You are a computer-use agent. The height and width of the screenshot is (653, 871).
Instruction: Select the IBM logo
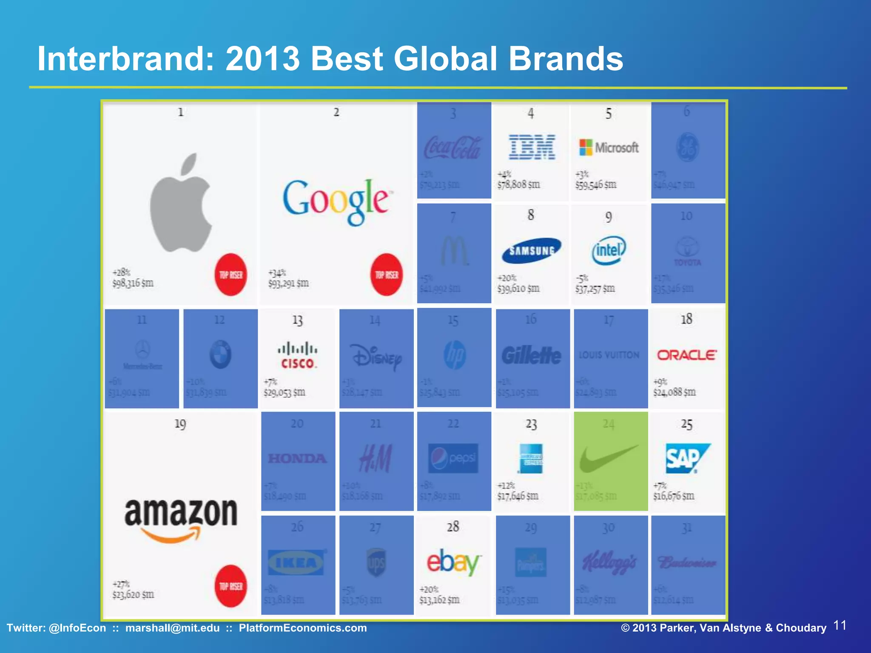point(532,147)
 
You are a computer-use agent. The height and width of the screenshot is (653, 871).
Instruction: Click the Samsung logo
point(532,250)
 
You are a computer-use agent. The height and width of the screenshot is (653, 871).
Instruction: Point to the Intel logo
point(609,250)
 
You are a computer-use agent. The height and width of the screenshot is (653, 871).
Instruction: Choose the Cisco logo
point(297,355)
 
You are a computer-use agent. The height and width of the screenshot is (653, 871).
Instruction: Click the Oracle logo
point(686,355)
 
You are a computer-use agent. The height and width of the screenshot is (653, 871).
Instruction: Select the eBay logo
point(453,562)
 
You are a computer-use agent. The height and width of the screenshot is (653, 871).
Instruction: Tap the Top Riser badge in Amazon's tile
point(231,586)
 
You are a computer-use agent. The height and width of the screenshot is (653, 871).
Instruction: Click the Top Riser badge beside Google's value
point(387,275)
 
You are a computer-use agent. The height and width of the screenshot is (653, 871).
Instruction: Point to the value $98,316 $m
point(133,283)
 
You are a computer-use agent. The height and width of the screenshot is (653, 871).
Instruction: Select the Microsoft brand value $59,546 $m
point(596,185)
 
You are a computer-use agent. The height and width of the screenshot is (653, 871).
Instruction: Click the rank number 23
point(531,424)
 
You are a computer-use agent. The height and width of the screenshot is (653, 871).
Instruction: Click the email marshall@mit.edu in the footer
point(172,628)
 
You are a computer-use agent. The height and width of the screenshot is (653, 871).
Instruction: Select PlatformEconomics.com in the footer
point(302,628)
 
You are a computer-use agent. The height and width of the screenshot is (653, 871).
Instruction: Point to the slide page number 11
point(840,626)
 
